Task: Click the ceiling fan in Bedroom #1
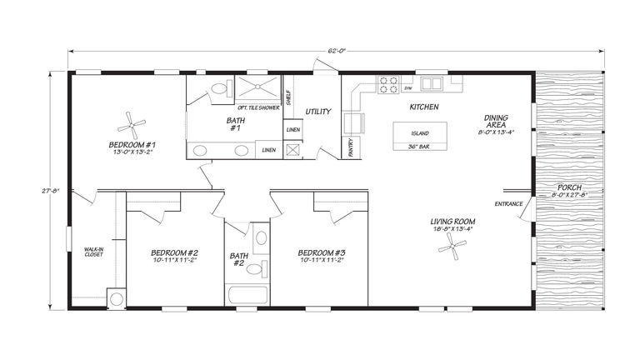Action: coord(132,126)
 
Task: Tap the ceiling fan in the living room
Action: coord(455,247)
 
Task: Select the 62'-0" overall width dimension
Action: coord(337,52)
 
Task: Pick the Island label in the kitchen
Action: coord(420,133)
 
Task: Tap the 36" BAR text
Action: coord(420,147)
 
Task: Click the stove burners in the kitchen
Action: coord(389,83)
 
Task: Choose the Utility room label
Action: coord(318,111)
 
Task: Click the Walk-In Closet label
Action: coord(93,252)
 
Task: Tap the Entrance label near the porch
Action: coord(508,204)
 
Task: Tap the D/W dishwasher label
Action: coord(408,87)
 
